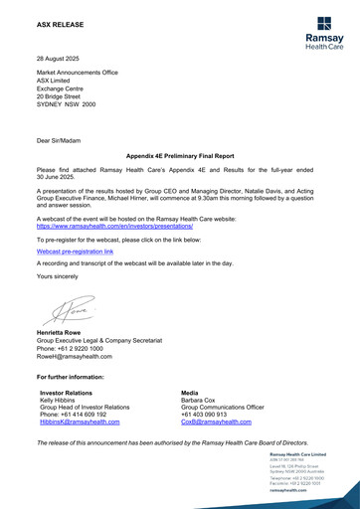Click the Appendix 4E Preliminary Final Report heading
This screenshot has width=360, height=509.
[x=179, y=157]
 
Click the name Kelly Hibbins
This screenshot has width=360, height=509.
[x=58, y=403]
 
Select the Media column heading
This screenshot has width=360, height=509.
[x=193, y=395]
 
